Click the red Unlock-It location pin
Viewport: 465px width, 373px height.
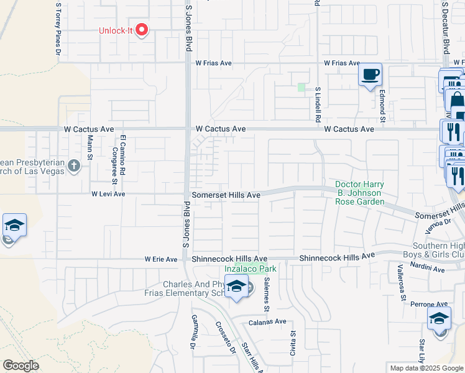[x=142, y=29]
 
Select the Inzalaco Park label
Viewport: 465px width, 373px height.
[x=250, y=269]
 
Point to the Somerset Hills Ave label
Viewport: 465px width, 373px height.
[x=226, y=195]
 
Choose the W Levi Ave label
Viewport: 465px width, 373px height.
[x=109, y=194]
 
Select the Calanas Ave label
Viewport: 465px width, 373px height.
[x=267, y=321]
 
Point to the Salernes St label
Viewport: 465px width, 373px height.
[x=267, y=295]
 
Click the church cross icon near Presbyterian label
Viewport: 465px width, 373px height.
[x=74, y=165]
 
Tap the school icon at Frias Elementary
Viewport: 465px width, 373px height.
[x=236, y=287]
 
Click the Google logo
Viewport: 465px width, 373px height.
[x=21, y=366]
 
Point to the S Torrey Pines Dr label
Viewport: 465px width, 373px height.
[x=58, y=24]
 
